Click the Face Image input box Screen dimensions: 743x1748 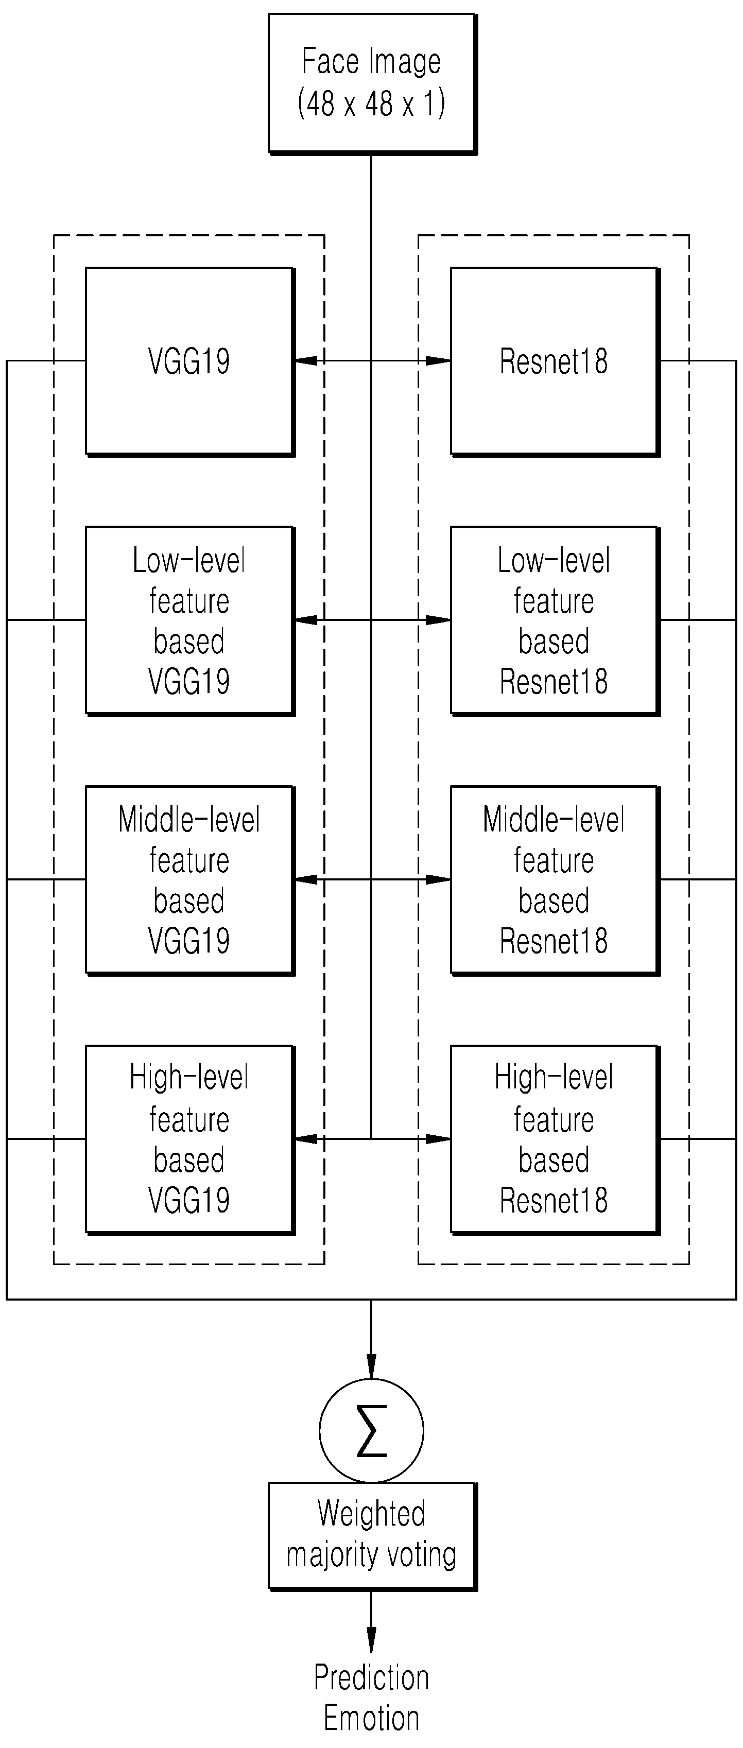pyautogui.click(x=372, y=83)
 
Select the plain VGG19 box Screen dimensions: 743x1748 pyautogui.click(x=190, y=361)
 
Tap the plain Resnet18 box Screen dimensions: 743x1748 pyautogui.click(x=555, y=361)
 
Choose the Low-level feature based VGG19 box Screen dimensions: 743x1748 pyautogui.click(x=190, y=620)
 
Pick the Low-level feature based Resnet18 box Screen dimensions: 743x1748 pyautogui.click(x=555, y=620)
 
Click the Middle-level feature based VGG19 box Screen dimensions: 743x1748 pyautogui.click(x=190, y=880)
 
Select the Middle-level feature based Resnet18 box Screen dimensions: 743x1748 pyautogui.click(x=555, y=880)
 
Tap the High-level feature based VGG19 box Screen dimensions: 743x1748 pyautogui.click(x=190, y=1139)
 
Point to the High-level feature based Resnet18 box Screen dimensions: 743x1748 pyautogui.click(x=555, y=1139)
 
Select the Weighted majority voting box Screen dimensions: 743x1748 pyautogui.click(x=372, y=1536)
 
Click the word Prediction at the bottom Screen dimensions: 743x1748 pyautogui.click(x=371, y=1677)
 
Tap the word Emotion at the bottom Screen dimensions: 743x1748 pyautogui.click(x=371, y=1718)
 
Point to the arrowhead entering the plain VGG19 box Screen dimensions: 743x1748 pyautogui.click(x=306, y=361)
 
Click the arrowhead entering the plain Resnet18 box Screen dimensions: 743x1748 pyautogui.click(x=438, y=361)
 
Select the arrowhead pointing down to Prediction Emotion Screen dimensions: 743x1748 pyautogui.click(x=371, y=1641)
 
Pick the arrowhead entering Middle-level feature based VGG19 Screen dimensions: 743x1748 pyautogui.click(x=306, y=879)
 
